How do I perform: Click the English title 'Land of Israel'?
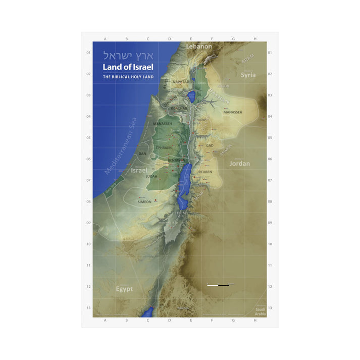128,67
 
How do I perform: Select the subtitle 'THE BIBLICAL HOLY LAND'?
128,77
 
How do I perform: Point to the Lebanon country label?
198,46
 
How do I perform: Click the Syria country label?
248,75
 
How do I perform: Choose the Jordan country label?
239,164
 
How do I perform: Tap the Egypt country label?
124,289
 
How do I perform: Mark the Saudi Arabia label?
260,311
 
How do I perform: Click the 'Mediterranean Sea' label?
121,146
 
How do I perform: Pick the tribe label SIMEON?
144,201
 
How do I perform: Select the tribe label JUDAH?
151,176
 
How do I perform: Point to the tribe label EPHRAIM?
164,147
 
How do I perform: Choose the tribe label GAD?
210,145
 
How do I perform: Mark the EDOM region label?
180,213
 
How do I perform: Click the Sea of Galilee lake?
192,96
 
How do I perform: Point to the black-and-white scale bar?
218,285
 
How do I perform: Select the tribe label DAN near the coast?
142,153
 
